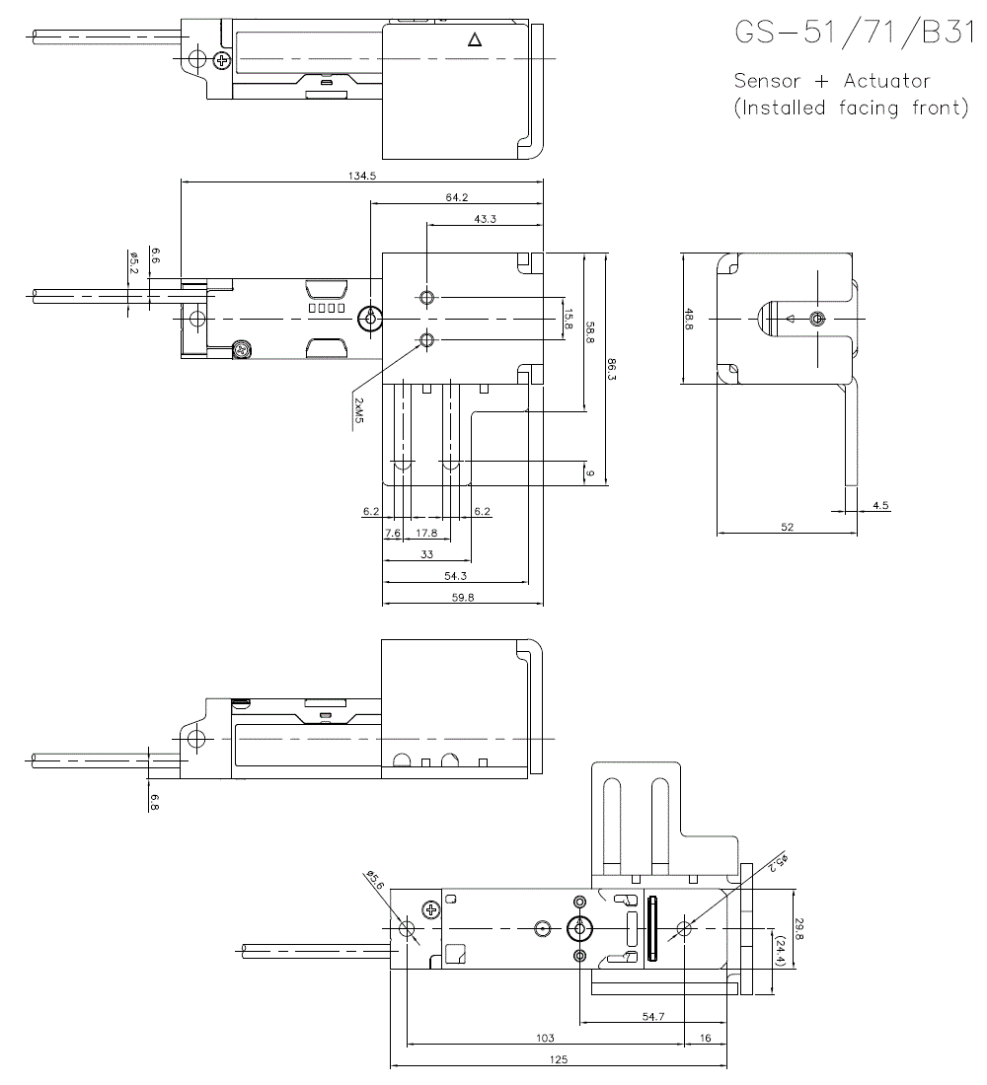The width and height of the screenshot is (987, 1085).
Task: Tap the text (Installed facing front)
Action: coord(851,108)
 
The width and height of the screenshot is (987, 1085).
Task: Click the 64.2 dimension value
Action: coord(456,197)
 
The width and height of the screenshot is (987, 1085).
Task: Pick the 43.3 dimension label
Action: coord(485,219)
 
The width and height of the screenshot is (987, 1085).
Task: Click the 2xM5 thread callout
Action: coord(357,410)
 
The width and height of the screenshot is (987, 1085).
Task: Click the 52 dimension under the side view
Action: coord(787,528)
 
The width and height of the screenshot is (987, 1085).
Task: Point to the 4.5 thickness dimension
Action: coord(880,505)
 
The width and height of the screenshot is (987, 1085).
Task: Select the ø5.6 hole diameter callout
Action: coord(375,878)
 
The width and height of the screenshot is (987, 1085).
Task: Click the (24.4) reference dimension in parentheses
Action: coord(781,950)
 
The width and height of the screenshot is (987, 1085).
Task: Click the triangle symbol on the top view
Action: coord(474,40)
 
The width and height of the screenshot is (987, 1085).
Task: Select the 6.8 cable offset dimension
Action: coord(155,799)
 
